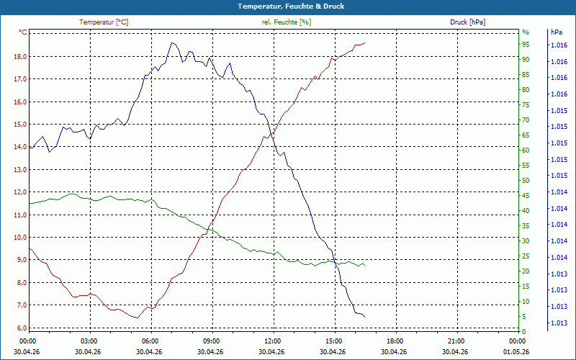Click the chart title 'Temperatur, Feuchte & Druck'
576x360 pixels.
coord(287,6)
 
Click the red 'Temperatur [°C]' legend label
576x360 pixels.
coord(104,22)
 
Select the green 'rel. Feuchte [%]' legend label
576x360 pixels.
coord(287,22)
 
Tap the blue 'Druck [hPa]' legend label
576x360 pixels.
coord(468,22)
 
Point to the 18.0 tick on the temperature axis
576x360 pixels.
coord(20,56)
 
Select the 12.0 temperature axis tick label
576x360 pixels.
coord(20,192)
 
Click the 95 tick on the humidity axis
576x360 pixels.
coord(526,44)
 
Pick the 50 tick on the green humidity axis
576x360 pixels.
coord(526,180)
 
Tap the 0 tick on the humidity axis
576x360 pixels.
coord(524,331)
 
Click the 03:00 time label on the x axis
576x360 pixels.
coord(89,341)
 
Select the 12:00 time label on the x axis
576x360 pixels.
coord(273,341)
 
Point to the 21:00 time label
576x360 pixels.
coord(456,341)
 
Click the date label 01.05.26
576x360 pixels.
coord(517,351)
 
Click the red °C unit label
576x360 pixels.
coord(23,32)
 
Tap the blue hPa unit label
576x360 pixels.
coord(557,32)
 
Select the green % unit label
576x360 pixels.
coord(526,32)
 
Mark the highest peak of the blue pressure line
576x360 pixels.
coord(172,42)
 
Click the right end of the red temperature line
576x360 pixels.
coord(365,42)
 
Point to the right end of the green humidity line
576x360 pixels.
coord(365,265)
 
